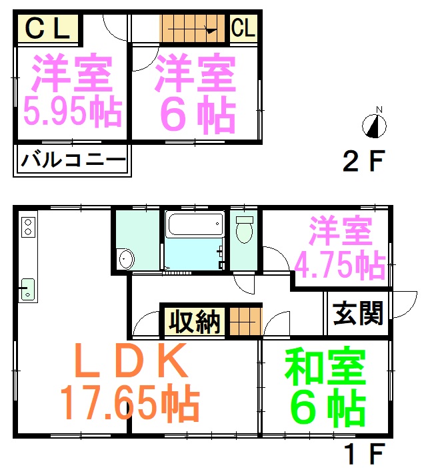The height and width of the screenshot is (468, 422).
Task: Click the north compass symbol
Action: [x=374, y=126]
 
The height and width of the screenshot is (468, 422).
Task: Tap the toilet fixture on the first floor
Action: [x=245, y=229]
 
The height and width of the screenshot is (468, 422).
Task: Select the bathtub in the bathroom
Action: [x=195, y=225]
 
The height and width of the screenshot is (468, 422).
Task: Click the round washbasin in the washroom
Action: [x=127, y=259]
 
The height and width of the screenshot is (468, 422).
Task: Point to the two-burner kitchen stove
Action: [x=28, y=227]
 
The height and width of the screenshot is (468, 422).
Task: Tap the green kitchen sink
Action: [x=28, y=289]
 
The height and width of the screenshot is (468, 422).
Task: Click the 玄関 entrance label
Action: [x=358, y=313]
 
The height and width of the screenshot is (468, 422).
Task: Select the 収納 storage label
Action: [x=195, y=321]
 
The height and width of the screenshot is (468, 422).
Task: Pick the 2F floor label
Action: [x=364, y=161]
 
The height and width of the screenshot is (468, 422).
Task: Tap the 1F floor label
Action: [x=364, y=454]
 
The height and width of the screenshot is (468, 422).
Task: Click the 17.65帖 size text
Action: [x=130, y=403]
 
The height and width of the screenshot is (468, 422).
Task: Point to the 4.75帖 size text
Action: [x=340, y=265]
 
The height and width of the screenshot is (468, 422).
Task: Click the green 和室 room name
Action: [x=325, y=367]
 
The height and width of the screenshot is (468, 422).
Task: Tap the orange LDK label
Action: [x=131, y=361]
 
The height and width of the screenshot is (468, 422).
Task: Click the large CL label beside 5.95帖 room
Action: [x=48, y=28]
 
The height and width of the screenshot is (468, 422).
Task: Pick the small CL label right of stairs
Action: [x=243, y=27]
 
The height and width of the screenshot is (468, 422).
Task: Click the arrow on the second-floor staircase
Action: [x=193, y=29]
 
